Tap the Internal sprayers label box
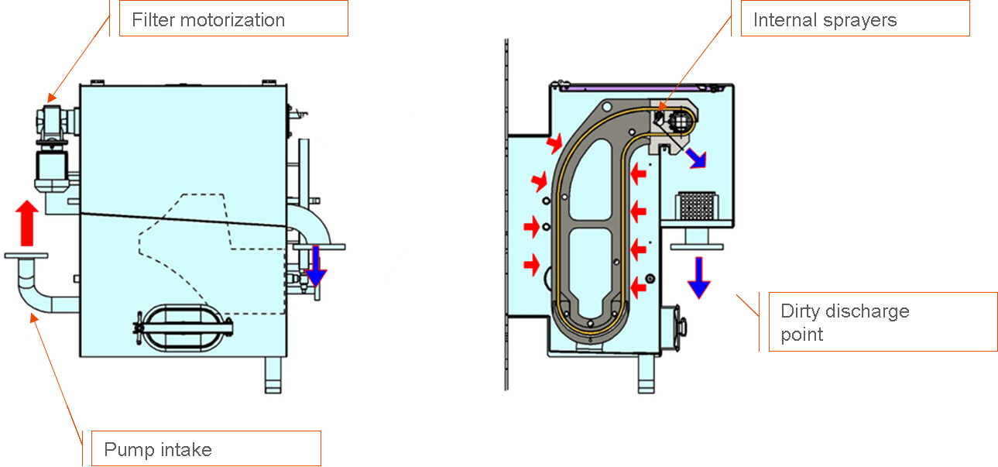(856, 19)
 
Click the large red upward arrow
(27, 223)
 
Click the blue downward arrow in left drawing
(316, 266)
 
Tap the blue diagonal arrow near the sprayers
(696, 158)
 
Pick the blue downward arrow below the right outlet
(698, 277)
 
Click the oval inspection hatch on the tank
(183, 328)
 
